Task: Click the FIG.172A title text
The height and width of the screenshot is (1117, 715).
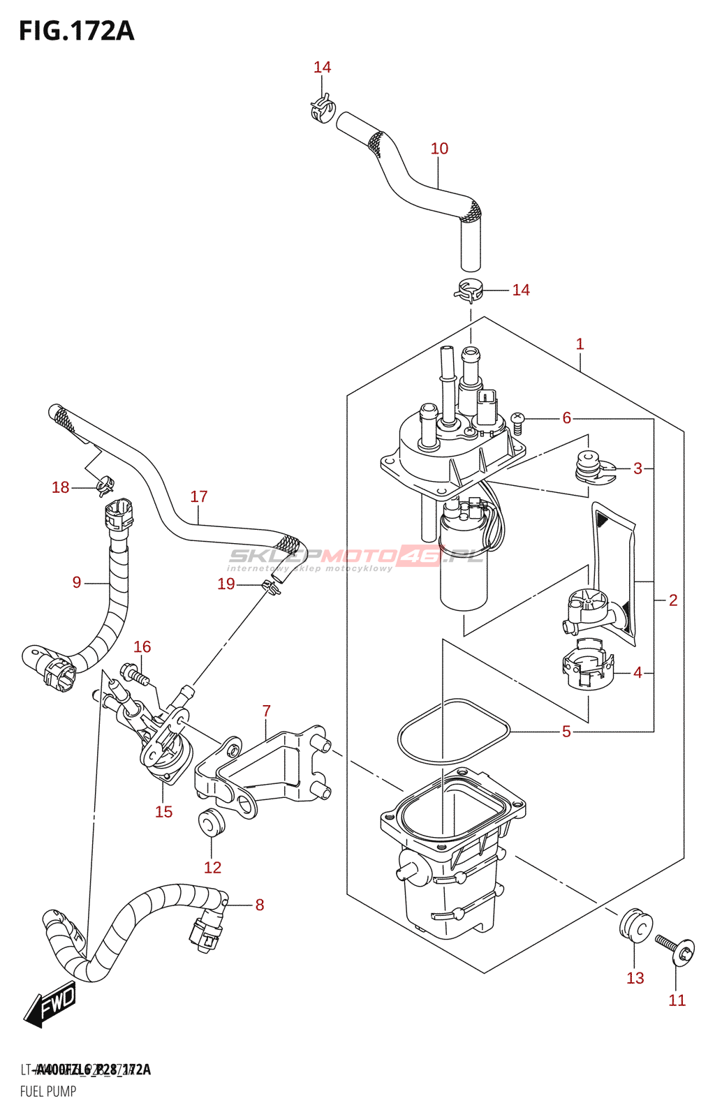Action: click(x=76, y=31)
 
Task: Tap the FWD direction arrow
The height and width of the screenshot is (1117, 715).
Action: click(x=50, y=1005)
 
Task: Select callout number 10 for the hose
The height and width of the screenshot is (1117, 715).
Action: click(x=439, y=149)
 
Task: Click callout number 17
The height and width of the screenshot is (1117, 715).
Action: click(x=199, y=496)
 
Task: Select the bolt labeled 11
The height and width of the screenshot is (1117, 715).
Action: click(x=675, y=949)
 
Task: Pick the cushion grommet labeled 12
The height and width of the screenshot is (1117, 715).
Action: click(x=211, y=823)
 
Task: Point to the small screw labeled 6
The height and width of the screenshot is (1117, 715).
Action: click(x=517, y=420)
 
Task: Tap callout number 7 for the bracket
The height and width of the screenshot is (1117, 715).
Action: click(x=266, y=711)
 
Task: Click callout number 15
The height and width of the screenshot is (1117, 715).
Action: click(x=163, y=811)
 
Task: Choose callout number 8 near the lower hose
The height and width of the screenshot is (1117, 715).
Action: click(x=260, y=905)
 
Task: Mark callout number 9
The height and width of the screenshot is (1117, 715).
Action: click(x=77, y=582)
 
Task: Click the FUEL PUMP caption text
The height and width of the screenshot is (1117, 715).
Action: click(x=48, y=1091)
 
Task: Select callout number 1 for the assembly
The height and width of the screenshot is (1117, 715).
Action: click(x=580, y=343)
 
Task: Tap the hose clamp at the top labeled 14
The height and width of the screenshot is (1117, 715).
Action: click(x=322, y=110)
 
